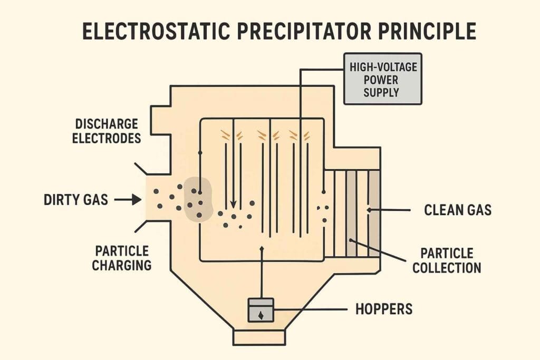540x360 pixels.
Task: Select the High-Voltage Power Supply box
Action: tap(382, 79)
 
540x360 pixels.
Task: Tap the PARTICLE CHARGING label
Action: tap(121, 258)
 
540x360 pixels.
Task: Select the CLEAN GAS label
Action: tap(458, 210)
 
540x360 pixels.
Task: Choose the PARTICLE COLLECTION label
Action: tap(447, 260)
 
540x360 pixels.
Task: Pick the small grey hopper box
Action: tap(261, 310)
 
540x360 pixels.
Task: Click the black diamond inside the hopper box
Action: tap(261, 315)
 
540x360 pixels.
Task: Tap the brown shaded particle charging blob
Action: tap(198, 200)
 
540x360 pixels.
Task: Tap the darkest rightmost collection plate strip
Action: tap(374, 213)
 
